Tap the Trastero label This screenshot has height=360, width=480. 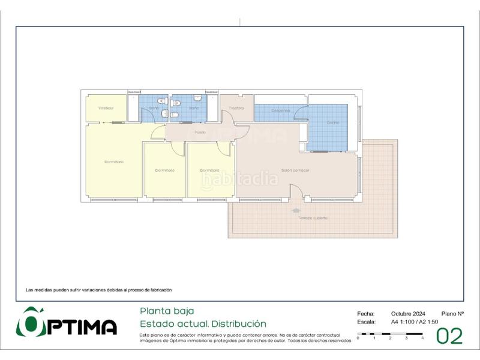(236, 108)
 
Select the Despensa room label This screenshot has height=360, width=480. (280, 110)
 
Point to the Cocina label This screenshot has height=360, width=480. (333, 123)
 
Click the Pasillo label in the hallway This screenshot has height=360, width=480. (200, 132)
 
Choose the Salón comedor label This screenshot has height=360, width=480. (295, 170)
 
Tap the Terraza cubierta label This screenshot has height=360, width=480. (313, 218)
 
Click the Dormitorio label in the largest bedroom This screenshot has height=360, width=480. (113, 162)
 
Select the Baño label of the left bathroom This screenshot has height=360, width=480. (154, 108)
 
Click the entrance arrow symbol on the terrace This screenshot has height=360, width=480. (296, 211)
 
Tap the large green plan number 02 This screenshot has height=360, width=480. (449, 337)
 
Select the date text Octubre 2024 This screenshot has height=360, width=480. (408, 314)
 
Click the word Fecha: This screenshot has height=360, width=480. (365, 314)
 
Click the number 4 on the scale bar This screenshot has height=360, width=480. (422, 339)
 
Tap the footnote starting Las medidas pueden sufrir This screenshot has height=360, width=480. (98, 290)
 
